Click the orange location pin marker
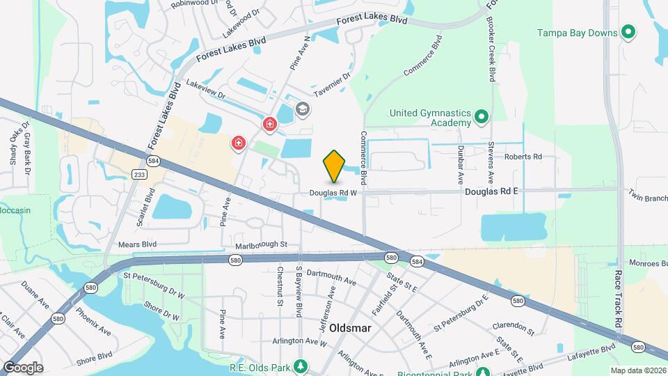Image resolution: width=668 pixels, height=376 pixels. click(x=334, y=166)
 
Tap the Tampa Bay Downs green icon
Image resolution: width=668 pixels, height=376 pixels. click(x=628, y=33)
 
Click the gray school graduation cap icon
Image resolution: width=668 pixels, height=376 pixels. click(x=302, y=109)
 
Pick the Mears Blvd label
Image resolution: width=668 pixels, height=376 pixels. click(x=137, y=244)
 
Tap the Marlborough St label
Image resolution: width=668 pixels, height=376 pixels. click(x=261, y=244)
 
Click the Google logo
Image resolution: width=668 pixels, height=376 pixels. click(x=23, y=368)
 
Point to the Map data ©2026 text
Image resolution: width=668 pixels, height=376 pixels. click(x=637, y=370)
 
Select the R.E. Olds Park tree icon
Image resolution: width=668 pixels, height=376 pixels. click(x=300, y=366)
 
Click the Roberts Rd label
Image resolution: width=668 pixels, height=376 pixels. click(x=523, y=157)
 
